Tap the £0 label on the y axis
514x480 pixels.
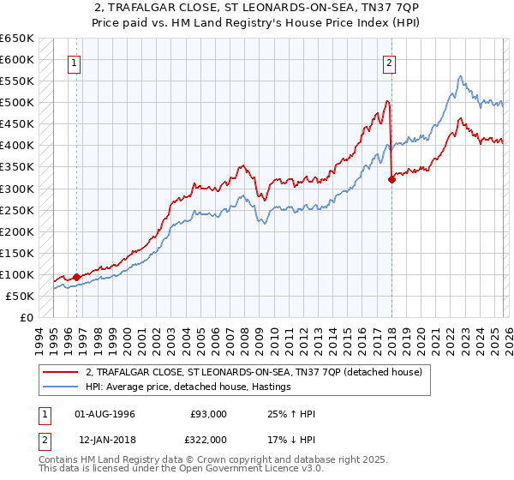26,317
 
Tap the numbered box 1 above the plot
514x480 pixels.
75,63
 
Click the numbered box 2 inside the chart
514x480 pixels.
389,63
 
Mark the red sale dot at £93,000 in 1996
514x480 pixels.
76,277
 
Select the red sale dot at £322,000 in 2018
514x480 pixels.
391,179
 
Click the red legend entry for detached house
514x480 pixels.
254,372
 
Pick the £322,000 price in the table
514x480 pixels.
209,439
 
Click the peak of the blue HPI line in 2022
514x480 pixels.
461,76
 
